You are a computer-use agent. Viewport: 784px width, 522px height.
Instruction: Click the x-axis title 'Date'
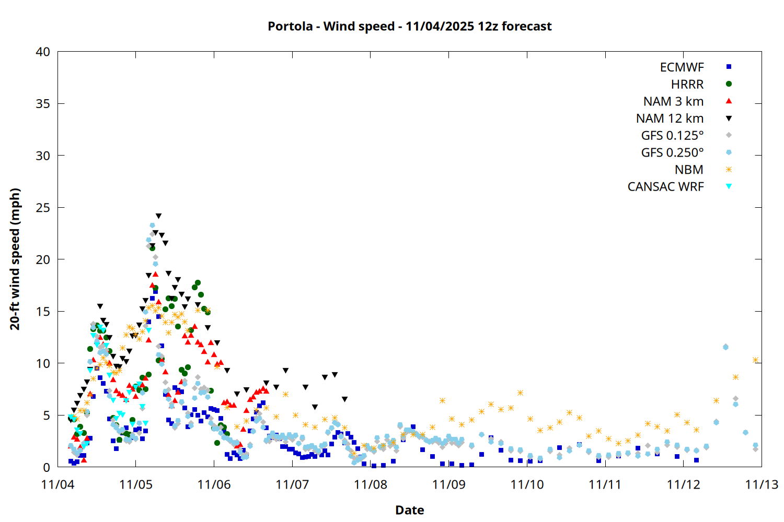tap(409, 510)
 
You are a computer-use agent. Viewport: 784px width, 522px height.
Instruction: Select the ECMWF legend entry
tap(682, 67)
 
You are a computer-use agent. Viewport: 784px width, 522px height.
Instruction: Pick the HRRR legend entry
tap(687, 85)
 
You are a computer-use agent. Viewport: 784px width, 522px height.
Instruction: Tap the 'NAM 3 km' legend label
tap(673, 101)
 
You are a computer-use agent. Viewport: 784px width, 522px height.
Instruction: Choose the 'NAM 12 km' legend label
tap(670, 118)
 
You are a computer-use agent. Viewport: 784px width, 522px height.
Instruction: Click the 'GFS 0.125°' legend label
tap(672, 136)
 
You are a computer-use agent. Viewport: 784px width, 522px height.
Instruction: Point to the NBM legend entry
tap(689, 170)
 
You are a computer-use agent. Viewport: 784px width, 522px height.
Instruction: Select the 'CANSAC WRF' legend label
tap(665, 187)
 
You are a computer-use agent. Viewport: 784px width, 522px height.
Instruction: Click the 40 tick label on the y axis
tap(43, 52)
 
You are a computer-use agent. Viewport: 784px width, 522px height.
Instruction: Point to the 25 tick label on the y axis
tap(43, 208)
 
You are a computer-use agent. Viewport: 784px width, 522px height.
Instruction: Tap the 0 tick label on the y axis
tap(47, 467)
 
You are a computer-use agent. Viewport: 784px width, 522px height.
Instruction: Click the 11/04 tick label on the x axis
tap(57, 484)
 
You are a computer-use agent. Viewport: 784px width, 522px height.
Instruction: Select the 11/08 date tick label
tap(371, 484)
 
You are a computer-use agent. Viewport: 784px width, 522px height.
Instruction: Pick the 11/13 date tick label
tap(762, 484)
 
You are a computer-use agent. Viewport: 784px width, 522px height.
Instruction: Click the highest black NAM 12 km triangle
tap(158, 216)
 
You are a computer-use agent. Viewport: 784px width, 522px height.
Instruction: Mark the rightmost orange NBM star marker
tap(755, 360)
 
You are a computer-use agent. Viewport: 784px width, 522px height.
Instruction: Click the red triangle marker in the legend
tap(729, 101)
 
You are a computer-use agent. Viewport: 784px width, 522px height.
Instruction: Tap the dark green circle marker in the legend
tap(729, 84)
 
